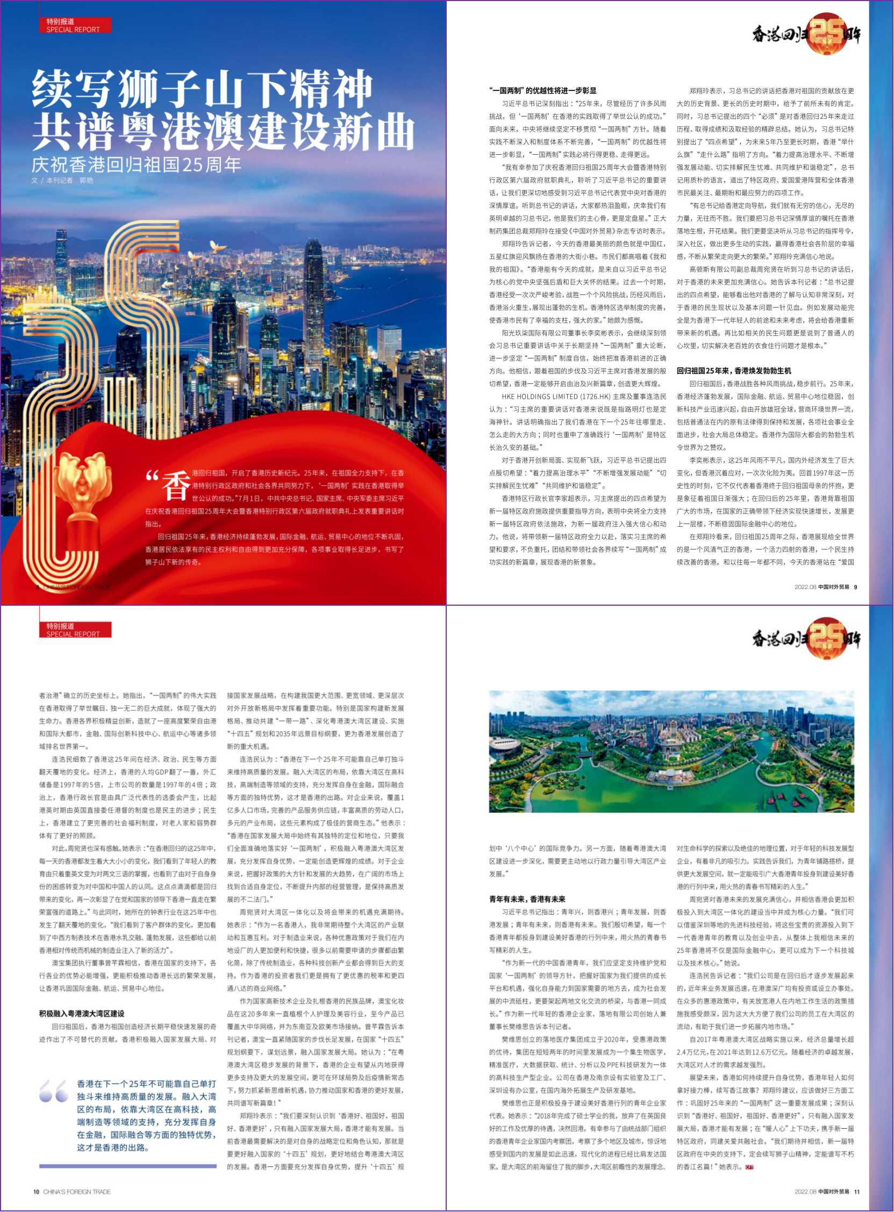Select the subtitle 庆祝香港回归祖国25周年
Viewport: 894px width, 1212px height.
pos(136,164)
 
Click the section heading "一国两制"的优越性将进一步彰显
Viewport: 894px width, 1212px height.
pos(542,90)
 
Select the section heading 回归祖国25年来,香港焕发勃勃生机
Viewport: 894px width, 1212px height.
pos(733,371)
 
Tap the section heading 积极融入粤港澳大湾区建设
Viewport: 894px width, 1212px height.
pos(81,1014)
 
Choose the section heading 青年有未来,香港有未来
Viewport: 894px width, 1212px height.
pos(527,899)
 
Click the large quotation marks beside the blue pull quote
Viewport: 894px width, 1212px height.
pos(54,1092)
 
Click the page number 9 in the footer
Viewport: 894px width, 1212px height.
pos(855,587)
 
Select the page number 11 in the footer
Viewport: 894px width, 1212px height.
pos(857,1192)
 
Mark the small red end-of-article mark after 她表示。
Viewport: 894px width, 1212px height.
pos(749,1166)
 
